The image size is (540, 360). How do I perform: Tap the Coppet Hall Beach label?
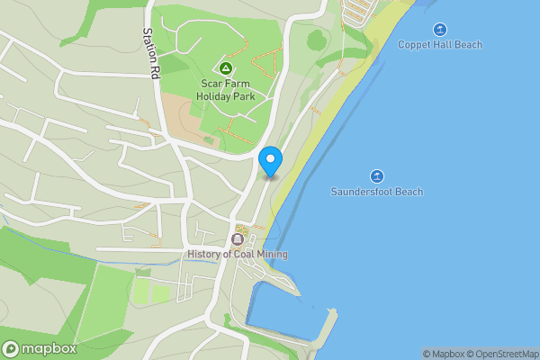point(440,45)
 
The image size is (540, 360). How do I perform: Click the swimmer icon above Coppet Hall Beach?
point(440,29)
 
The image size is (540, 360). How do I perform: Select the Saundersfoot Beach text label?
point(376,192)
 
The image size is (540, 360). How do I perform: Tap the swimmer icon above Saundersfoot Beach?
point(376,175)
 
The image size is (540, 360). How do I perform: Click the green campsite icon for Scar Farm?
point(226,68)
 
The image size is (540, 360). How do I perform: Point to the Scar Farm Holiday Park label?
point(226,90)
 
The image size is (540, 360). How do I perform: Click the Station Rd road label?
point(150,54)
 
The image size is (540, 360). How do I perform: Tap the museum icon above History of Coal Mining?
point(238,239)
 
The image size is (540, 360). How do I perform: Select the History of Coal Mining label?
point(238,255)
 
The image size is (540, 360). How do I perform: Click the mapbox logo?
point(39,349)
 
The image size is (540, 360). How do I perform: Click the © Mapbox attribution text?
point(443,354)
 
